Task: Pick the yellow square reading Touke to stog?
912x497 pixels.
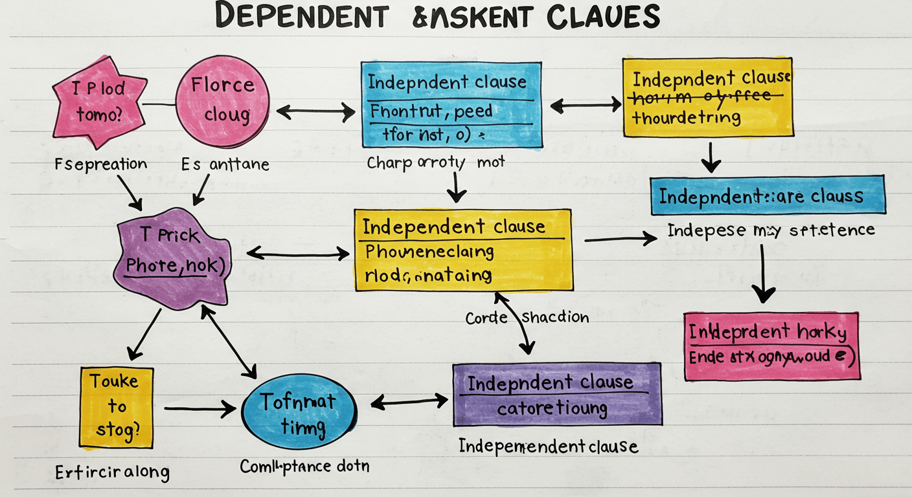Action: pos(117,407)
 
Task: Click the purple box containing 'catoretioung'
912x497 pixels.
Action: pos(557,394)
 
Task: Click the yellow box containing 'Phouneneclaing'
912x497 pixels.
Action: pos(462,250)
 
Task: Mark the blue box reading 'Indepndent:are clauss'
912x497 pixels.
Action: pos(768,195)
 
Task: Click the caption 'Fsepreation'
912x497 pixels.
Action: pos(101,164)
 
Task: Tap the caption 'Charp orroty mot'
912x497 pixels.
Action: pos(435,163)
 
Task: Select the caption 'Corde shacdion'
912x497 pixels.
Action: pos(527,317)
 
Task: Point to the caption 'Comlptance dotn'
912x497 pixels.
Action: pos(304,466)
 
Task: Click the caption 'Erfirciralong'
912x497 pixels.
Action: pos(111,471)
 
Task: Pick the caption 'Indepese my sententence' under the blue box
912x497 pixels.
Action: pos(771,230)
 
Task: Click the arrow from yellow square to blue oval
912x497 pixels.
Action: pos(199,408)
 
